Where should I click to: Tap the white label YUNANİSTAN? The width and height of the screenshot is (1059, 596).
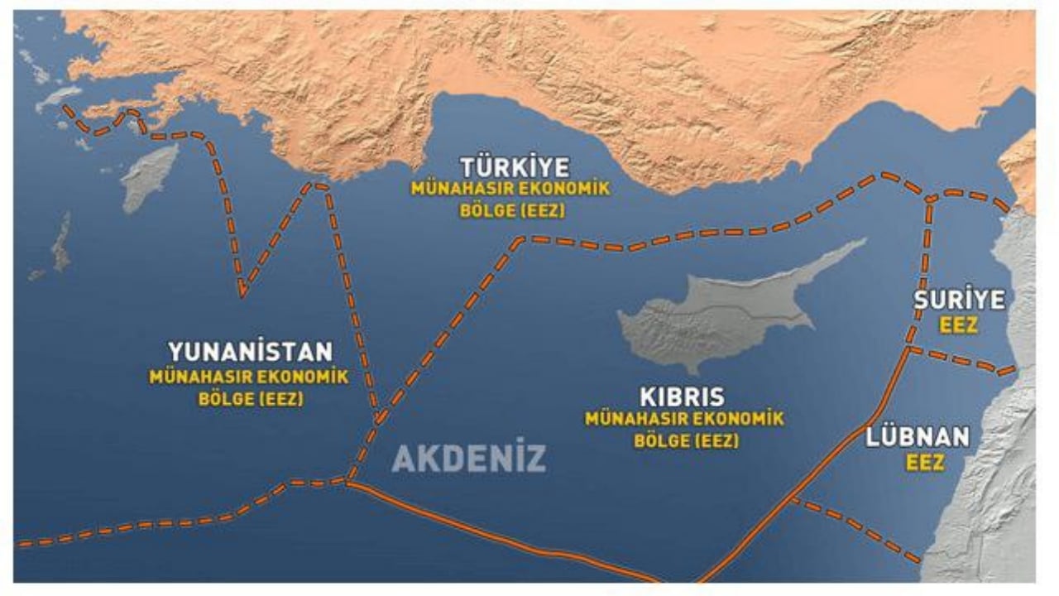tap(250, 352)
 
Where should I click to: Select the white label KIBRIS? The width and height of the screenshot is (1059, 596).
tap(682, 396)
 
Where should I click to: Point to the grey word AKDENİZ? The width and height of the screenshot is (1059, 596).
tap(468, 458)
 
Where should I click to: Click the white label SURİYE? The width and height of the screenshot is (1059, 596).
tap(959, 300)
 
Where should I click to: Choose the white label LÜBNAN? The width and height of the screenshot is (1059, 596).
tap(918, 438)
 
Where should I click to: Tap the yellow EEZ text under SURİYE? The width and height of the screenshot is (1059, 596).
tap(958, 325)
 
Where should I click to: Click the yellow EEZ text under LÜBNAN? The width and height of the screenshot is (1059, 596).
tap(924, 463)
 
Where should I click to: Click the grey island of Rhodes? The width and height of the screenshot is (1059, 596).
tap(148, 177)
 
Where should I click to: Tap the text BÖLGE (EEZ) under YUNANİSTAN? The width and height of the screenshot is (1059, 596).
tap(251, 398)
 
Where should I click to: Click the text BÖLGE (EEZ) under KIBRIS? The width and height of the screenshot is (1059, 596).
tap(686, 440)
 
